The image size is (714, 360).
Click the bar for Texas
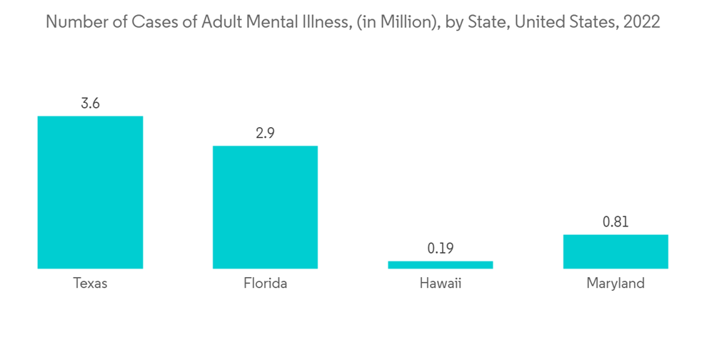tap(90, 192)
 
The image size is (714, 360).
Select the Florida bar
tap(265, 207)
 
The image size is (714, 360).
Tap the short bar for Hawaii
tap(441, 264)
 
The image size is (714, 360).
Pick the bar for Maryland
tap(615, 251)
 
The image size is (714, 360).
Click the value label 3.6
tap(90, 104)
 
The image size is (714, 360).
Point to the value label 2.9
tap(265, 134)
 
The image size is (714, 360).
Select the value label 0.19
tap(441, 249)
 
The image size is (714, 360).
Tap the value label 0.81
tap(615, 222)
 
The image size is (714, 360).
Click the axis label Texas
tap(90, 284)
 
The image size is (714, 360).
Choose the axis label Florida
tap(265, 284)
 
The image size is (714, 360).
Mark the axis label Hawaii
tap(441, 284)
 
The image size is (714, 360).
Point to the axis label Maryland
tap(615, 284)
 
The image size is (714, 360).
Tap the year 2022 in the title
tap(641, 22)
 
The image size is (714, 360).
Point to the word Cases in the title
tap(155, 22)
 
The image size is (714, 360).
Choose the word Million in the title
tap(390, 22)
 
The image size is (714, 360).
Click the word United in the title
tap(537, 22)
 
